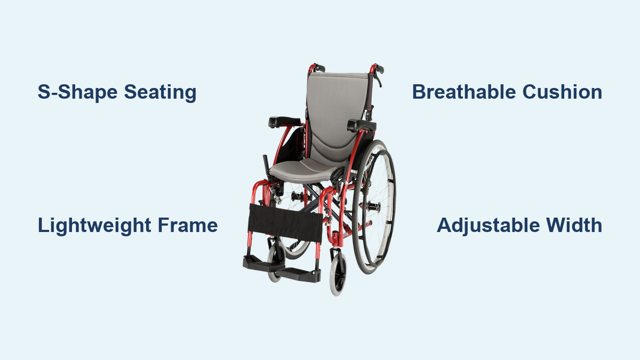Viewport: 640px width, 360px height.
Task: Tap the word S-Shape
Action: [x=77, y=92]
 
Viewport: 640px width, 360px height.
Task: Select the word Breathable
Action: [x=463, y=92]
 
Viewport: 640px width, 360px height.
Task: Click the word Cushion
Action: [x=562, y=92]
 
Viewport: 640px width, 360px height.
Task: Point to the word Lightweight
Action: [x=94, y=226]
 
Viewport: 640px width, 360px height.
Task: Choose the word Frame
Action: [x=188, y=226]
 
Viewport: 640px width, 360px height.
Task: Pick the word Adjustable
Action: [x=489, y=226]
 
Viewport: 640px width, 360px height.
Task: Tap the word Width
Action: [x=574, y=225]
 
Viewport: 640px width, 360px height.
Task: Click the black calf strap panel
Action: [x=285, y=223]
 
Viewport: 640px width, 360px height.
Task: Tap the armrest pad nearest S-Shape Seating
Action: [x=284, y=122]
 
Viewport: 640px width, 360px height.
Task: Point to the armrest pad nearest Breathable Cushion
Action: [x=362, y=126]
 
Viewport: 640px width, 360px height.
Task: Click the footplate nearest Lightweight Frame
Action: [x=263, y=265]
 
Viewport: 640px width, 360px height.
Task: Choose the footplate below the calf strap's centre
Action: [x=298, y=274]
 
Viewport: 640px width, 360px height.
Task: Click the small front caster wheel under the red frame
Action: [x=338, y=274]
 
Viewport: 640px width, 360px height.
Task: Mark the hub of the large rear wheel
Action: [x=374, y=206]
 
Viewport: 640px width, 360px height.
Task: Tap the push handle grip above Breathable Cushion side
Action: [x=380, y=69]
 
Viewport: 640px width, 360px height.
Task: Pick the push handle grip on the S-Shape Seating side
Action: [x=319, y=68]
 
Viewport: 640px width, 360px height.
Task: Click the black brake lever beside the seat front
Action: [x=266, y=165]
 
